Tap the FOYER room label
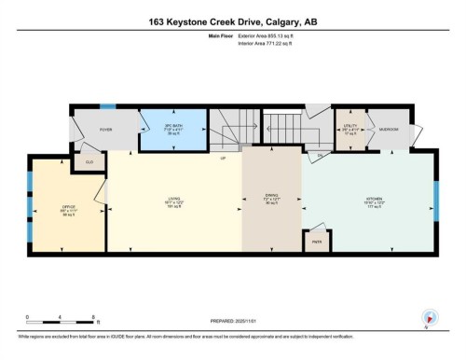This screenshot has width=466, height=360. point(107,130)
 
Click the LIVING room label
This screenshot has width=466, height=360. point(173,200)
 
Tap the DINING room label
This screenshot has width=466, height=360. point(271,198)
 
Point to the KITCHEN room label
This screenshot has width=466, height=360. point(372,200)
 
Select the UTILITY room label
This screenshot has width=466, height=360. point(349,126)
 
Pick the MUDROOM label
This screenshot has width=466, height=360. point(388,129)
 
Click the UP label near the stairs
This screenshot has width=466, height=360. point(223,158)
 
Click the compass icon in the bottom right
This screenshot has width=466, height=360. point(429,318)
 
